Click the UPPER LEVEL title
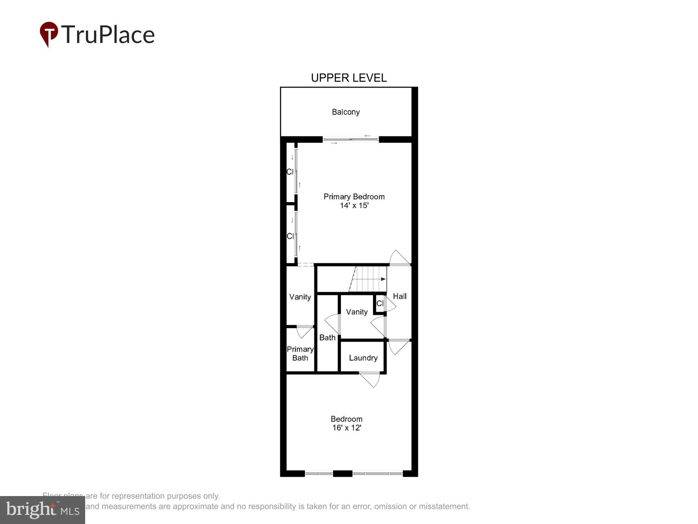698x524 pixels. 349,78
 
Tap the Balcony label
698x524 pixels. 346,112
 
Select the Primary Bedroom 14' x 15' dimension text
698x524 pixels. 354,205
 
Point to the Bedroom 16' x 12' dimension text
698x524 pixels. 347,428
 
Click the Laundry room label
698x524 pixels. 363,358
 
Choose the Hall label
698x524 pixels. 400,296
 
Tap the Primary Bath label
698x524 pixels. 300,354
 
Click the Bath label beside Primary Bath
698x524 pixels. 327,337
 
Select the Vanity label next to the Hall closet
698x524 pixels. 357,312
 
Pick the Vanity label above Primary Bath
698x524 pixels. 300,297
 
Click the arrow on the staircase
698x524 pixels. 383,279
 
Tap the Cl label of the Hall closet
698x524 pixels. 380,304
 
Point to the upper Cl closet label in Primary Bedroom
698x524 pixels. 290,172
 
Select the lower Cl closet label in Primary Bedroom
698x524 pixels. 290,236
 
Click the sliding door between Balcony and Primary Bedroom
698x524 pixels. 350,140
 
